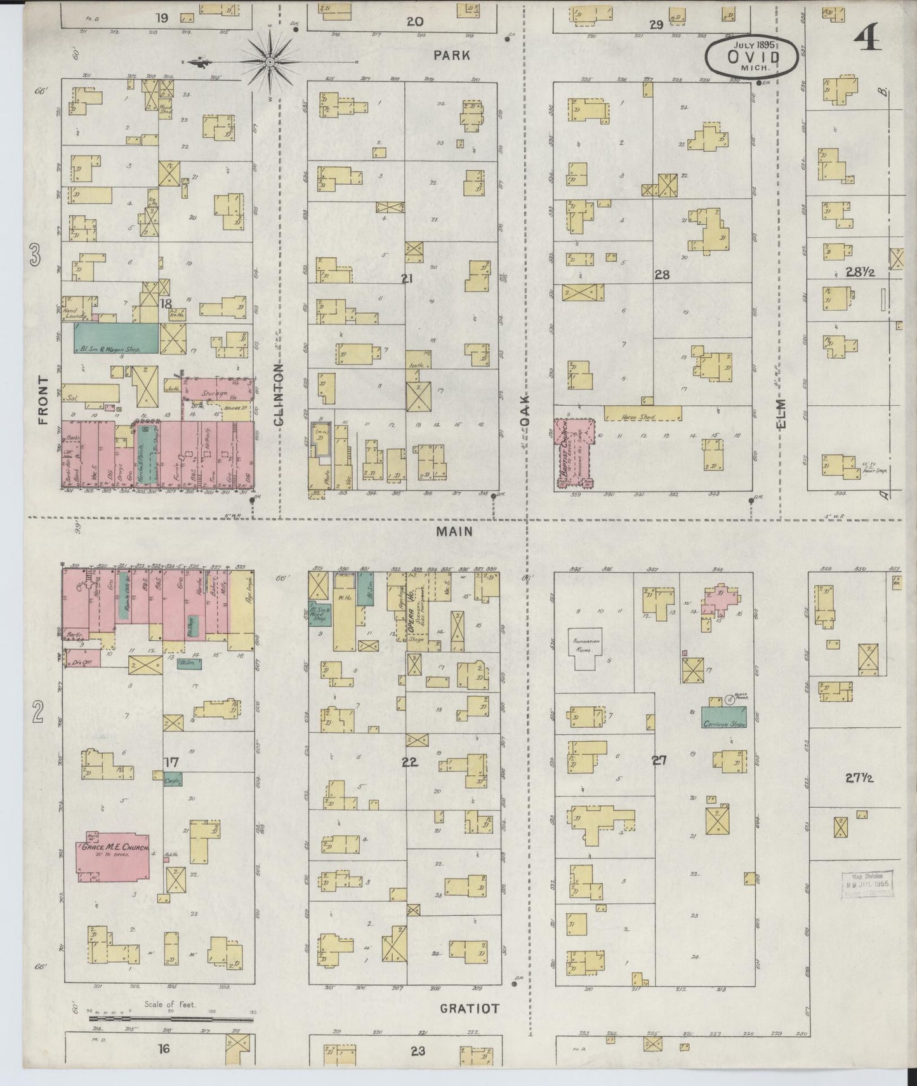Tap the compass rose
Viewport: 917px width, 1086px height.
[269, 62]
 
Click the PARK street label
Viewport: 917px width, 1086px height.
[452, 55]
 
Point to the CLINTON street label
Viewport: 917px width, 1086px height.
[279, 394]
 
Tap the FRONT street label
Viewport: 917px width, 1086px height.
[43, 399]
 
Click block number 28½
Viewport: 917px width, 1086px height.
[860, 272]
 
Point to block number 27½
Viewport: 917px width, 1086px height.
[860, 777]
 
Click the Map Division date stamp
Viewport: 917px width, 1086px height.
[867, 885]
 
